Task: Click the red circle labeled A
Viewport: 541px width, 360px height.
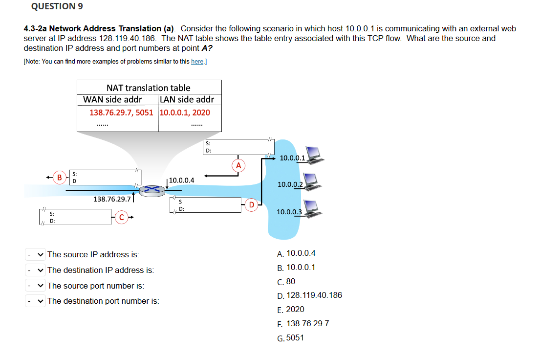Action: click(238, 165)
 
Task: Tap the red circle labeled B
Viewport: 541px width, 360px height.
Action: click(60, 177)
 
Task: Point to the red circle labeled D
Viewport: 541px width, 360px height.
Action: click(251, 204)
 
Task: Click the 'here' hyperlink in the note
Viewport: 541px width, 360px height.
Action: click(197, 61)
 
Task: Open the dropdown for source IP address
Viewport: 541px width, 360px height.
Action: click(35, 254)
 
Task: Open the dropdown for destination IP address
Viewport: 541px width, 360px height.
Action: click(35, 270)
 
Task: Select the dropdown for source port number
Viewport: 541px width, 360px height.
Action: click(35, 286)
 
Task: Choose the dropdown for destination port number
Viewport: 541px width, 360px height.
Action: click(35, 301)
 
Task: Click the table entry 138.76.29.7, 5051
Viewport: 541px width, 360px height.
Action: click(121, 112)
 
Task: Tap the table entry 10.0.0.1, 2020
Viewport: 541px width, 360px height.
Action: click(185, 112)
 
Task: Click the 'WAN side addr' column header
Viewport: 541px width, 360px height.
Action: click(113, 99)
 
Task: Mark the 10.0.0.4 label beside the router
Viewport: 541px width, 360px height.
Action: click(181, 180)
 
